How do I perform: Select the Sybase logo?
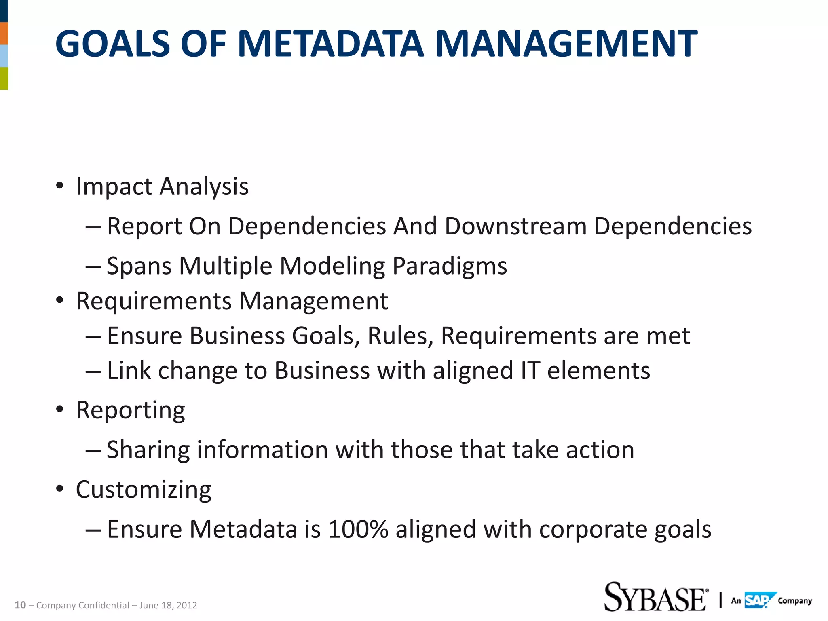click(x=656, y=597)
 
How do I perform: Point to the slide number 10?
click(x=20, y=605)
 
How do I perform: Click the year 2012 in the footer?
click(x=187, y=605)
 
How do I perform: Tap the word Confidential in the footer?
click(x=103, y=605)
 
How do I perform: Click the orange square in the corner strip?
click(x=4, y=34)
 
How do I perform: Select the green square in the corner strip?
click(x=4, y=78)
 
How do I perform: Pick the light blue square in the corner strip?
click(x=4, y=56)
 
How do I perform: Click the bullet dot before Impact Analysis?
click(x=60, y=186)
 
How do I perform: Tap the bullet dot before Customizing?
click(x=60, y=489)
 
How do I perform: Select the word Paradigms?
click(x=450, y=266)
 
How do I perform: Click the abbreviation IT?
click(x=530, y=370)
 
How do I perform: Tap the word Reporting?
click(x=130, y=410)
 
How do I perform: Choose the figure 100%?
click(x=358, y=529)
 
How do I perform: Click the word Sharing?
click(x=148, y=450)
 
